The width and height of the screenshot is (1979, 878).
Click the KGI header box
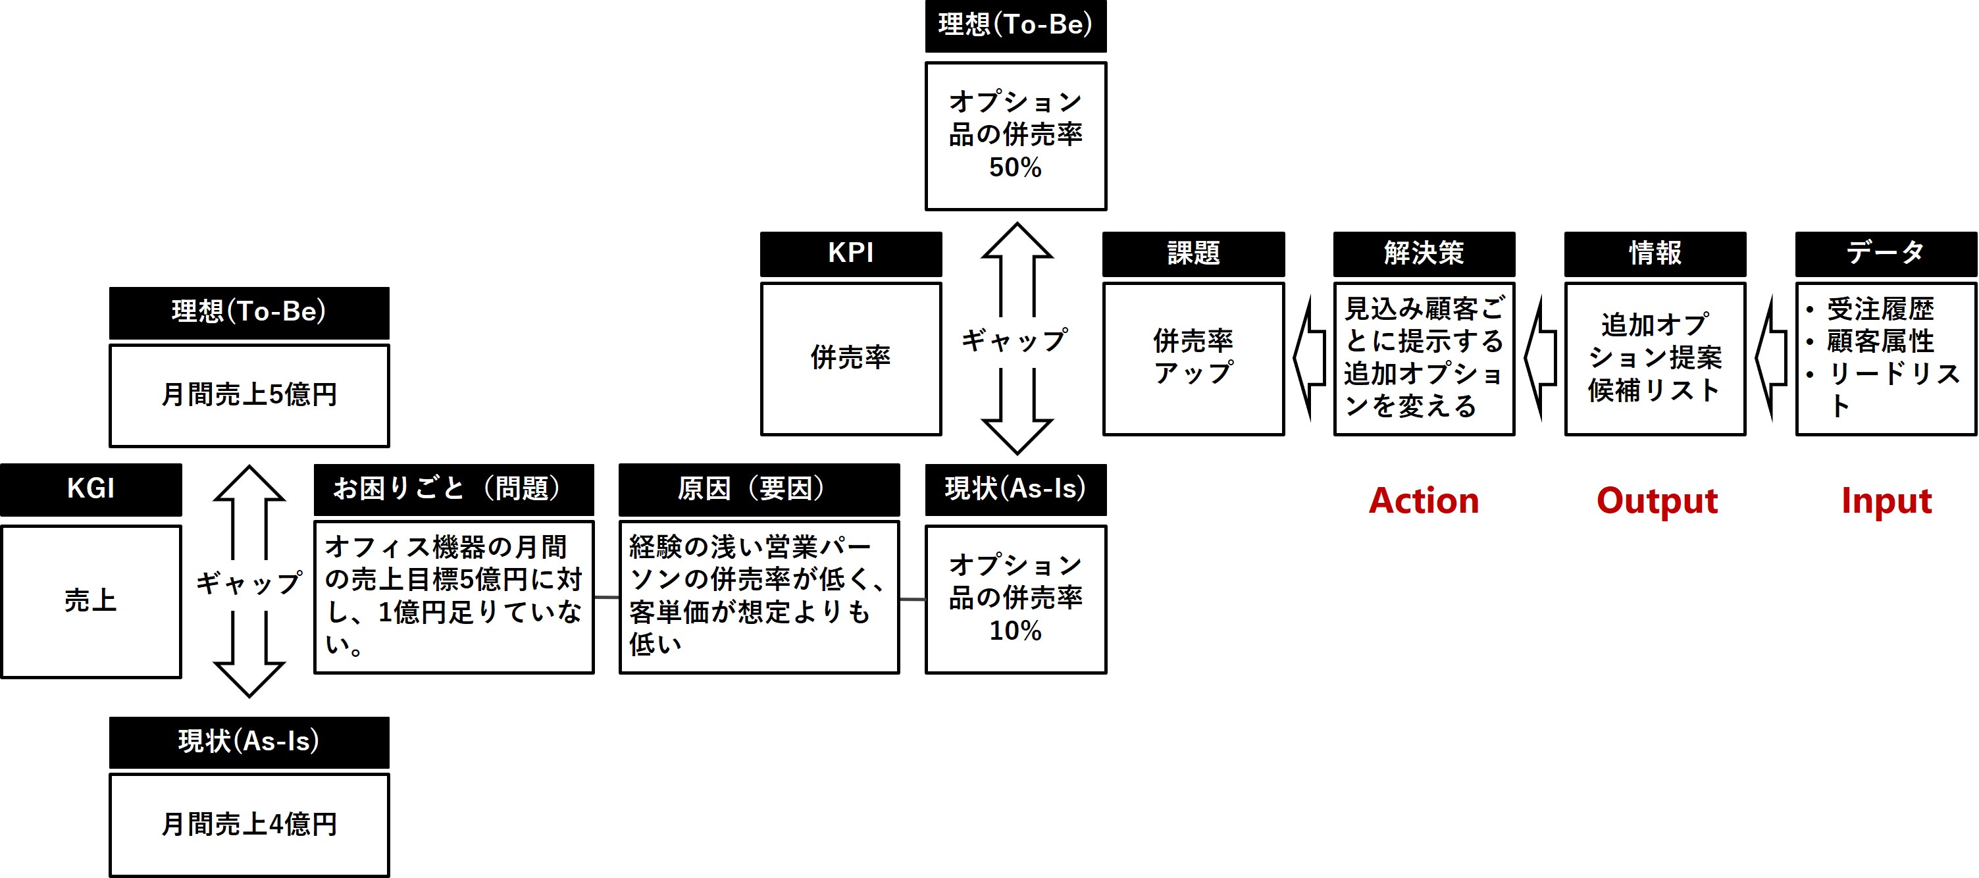click(x=91, y=488)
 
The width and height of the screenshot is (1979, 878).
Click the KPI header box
click(x=850, y=253)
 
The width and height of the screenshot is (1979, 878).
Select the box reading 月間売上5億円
click(x=249, y=395)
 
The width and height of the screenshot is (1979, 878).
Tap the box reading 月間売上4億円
click(x=249, y=824)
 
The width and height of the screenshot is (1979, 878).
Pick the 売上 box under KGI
click(x=91, y=600)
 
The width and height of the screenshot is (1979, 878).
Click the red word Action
click(x=1424, y=501)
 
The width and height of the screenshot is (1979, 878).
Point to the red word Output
click(x=1657, y=501)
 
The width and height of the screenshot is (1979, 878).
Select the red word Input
click(x=1886, y=501)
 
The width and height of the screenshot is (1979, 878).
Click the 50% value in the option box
click(x=1015, y=167)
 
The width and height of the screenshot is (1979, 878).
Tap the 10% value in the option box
click(x=1015, y=631)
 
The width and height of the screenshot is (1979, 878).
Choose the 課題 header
click(x=1193, y=253)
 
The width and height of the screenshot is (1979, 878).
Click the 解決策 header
click(x=1424, y=253)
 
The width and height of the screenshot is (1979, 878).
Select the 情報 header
click(x=1655, y=253)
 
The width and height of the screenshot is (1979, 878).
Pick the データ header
click(x=1886, y=253)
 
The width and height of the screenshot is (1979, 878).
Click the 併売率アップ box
click(x=1193, y=358)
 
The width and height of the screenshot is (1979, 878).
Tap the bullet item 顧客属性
click(x=1879, y=341)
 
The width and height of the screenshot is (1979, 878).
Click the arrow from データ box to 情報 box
click(x=1771, y=358)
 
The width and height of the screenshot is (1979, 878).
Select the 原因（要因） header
click(x=758, y=488)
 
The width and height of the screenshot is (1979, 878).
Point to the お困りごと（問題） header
click(x=453, y=488)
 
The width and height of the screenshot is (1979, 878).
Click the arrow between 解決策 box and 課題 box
click(x=1309, y=358)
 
